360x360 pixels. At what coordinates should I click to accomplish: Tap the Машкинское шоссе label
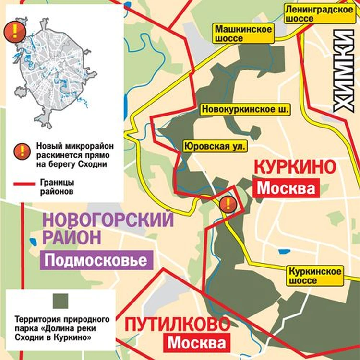[x=243, y=34]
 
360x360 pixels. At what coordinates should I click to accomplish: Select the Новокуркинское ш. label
[x=246, y=110]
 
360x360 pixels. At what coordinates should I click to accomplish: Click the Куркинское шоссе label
[x=315, y=276]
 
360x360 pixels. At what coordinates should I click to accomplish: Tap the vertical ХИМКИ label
[x=345, y=72]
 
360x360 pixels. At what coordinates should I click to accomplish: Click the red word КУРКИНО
[x=294, y=167]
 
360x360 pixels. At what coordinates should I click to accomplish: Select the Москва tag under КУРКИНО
[x=286, y=188]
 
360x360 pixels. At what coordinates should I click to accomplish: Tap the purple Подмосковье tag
[x=99, y=261]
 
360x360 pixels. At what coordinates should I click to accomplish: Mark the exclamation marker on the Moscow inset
[x=15, y=32]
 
